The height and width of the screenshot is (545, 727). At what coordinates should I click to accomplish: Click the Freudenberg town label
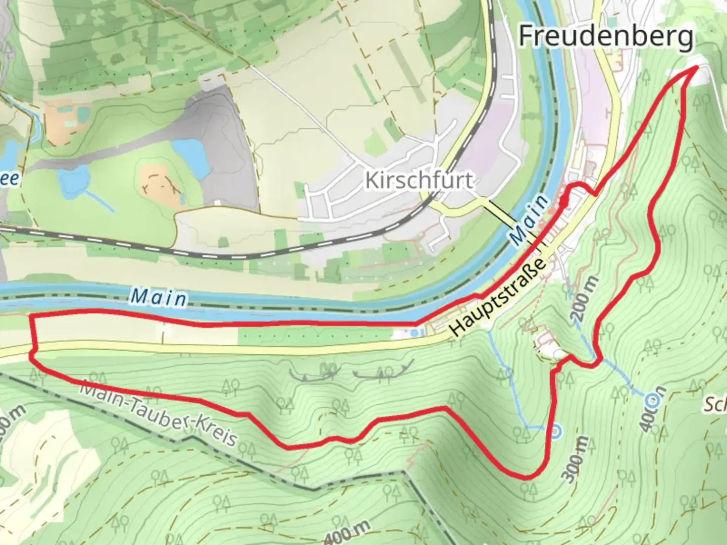pos(606,36)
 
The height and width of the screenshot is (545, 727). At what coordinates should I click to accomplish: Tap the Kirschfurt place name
pos(419,180)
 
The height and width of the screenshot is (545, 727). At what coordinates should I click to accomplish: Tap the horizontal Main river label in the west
pos(158,298)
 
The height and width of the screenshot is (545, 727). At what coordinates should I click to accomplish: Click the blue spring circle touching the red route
pos(555,432)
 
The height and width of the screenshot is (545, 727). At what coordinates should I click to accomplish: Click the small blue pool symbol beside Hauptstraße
pos(415,333)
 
